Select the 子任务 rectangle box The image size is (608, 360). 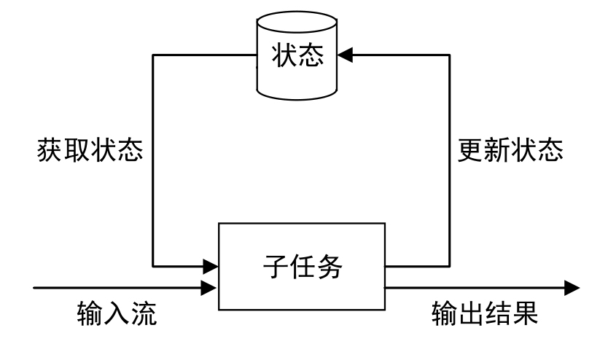[303, 266]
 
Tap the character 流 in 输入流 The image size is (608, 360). [143, 315]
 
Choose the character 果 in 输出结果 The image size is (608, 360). [524, 315]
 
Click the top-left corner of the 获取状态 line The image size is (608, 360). [152, 54]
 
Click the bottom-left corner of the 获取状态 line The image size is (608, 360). [152, 264]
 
